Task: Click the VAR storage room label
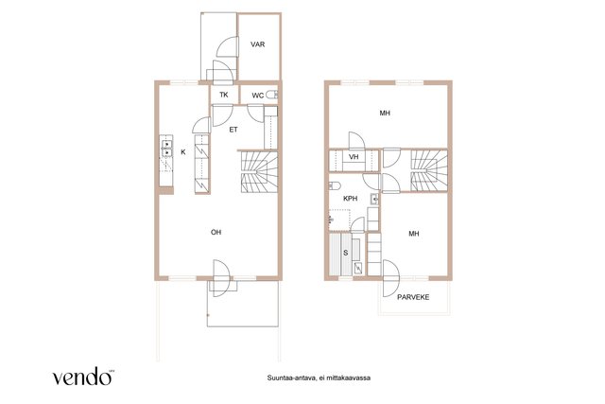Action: pyautogui.click(x=258, y=44)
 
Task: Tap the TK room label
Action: pyautogui.click(x=224, y=95)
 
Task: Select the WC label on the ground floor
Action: pyautogui.click(x=258, y=96)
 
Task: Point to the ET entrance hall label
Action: pyautogui.click(x=233, y=130)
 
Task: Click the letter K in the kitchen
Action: pyautogui.click(x=183, y=152)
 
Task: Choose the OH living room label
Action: pyautogui.click(x=216, y=232)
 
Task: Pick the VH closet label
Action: pyautogui.click(x=354, y=157)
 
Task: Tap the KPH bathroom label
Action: pyautogui.click(x=351, y=199)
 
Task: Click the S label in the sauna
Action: pyautogui.click(x=346, y=253)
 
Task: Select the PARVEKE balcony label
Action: pyautogui.click(x=413, y=297)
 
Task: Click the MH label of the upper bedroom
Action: pyautogui.click(x=385, y=114)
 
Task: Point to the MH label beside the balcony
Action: pyautogui.click(x=414, y=234)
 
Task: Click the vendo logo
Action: pyautogui.click(x=83, y=377)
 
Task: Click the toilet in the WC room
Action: pyautogui.click(x=271, y=95)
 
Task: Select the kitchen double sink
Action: pyautogui.click(x=166, y=149)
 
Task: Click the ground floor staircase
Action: pyautogui.click(x=259, y=172)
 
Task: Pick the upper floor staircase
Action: pyautogui.click(x=429, y=170)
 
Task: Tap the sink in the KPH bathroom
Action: pyautogui.click(x=374, y=199)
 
